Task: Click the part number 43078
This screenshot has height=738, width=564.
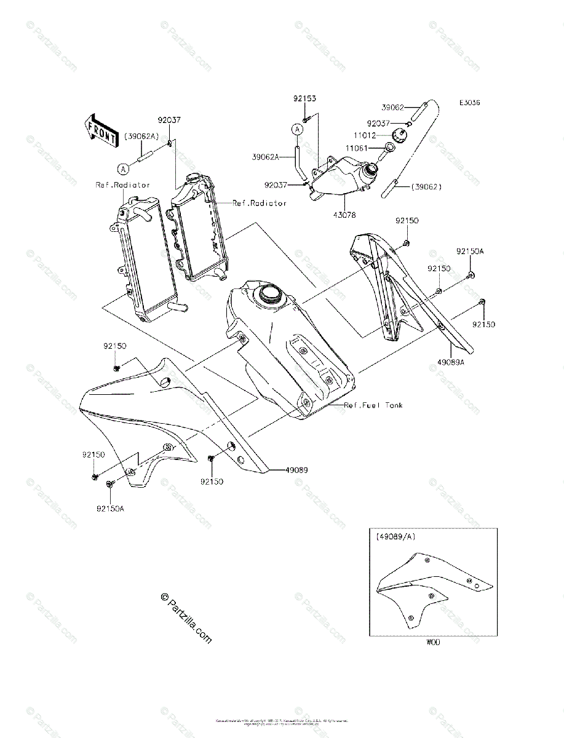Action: pos(344,215)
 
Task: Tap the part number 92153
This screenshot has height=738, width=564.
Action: pos(305,98)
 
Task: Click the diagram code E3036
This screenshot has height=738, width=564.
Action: pos(468,103)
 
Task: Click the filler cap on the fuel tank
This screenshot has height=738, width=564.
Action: pos(269,295)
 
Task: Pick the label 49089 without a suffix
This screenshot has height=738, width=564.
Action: pos(296,470)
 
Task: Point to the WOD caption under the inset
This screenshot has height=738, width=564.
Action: pos(433,642)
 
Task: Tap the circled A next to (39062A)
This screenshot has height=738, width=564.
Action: pos(123,167)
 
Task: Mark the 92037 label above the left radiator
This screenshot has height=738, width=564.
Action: pos(168,121)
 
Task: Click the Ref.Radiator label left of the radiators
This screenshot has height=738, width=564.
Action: pos(122,184)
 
